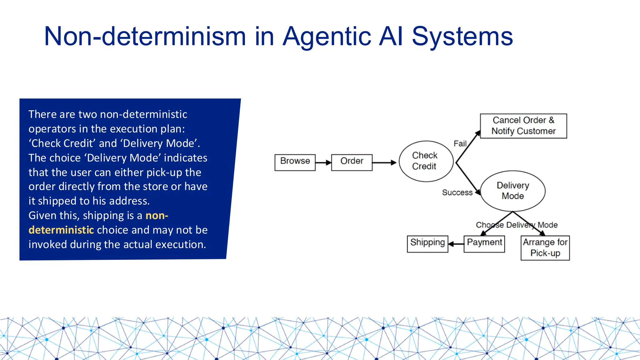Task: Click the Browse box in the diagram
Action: [295, 162]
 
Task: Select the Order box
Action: [352, 162]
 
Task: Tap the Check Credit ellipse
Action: [426, 161]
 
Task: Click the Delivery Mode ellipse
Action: [513, 191]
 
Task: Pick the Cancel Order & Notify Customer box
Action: [523, 126]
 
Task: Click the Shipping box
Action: [427, 244]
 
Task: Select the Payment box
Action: [484, 244]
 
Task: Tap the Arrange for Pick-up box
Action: [545, 248]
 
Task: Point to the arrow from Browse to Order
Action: [323, 162]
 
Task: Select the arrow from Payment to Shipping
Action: [456, 244]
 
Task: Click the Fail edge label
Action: [460, 144]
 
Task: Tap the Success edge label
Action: [457, 193]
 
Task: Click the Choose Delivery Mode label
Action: [517, 225]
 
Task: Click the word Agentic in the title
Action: [327, 37]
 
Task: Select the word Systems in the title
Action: [462, 37]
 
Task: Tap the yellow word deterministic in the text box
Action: [61, 230]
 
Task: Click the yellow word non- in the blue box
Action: [157, 216]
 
